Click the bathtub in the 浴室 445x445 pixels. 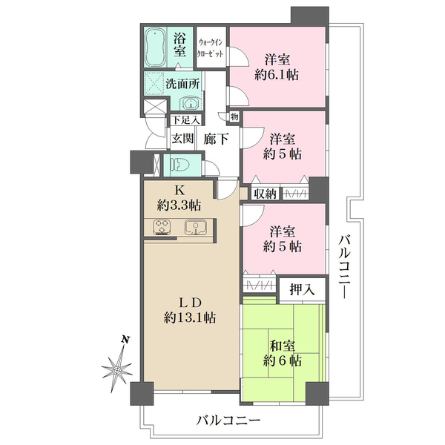click(x=155, y=47)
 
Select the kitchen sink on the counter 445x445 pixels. click(x=196, y=228)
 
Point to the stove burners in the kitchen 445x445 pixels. click(x=162, y=228)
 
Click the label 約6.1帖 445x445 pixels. click(x=277, y=75)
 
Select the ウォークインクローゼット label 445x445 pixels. click(x=211, y=47)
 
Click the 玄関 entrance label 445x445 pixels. click(x=182, y=139)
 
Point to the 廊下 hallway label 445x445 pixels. click(x=216, y=139)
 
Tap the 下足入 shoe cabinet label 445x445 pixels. click(x=185, y=120)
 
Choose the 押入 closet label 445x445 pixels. click(x=302, y=289)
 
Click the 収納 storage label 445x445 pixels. click(x=265, y=194)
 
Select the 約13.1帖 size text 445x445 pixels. click(x=190, y=317)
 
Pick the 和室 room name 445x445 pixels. click(x=283, y=346)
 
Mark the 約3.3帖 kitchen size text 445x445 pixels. click(x=179, y=205)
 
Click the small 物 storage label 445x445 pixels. click(x=234, y=116)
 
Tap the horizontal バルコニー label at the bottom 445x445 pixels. click(x=228, y=420)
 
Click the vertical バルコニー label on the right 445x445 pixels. click(x=344, y=266)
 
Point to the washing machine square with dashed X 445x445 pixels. click(x=154, y=84)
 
